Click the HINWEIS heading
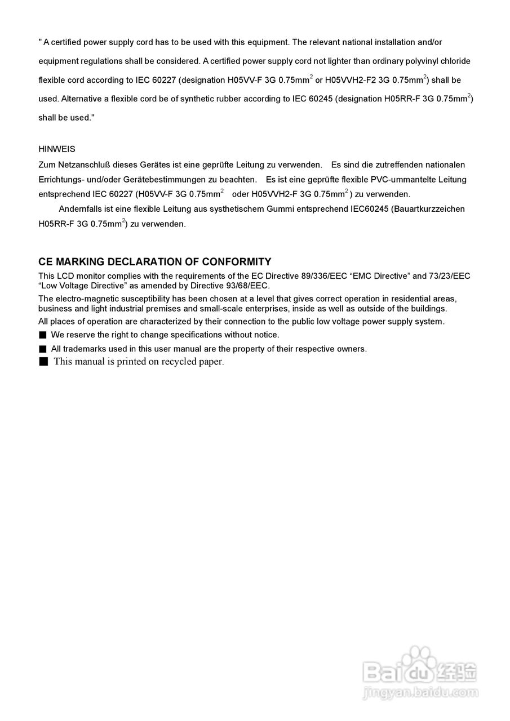coord(56,149)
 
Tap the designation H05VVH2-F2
coord(349,80)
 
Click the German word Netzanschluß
coord(84,165)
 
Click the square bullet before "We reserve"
coord(42,335)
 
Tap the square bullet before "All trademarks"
coord(42,349)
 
